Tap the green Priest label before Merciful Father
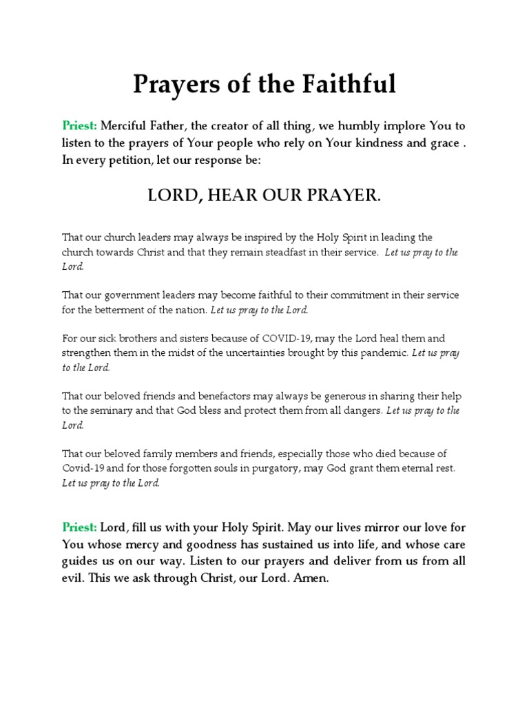coord(81,126)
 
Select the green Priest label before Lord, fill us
coord(80,527)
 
